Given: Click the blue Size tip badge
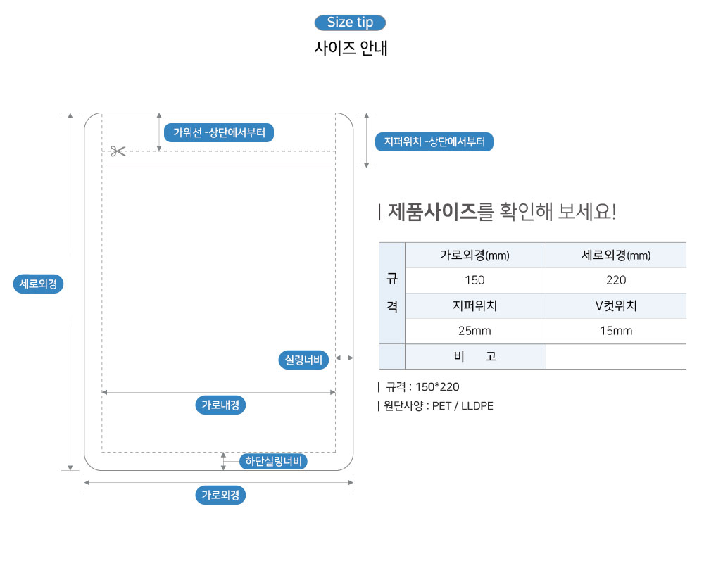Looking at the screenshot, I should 350,23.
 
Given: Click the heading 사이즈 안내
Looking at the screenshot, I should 350,49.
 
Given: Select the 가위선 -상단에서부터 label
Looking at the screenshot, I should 219,132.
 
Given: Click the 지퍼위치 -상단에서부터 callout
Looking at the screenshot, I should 434,142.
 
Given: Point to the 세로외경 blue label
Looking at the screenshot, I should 39,284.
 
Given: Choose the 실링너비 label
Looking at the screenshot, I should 303,360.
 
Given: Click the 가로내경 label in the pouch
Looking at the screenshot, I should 220,405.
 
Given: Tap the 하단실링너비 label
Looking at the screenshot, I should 273,462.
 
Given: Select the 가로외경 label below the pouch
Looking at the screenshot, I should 220,495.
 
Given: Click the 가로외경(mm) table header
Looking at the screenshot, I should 474,256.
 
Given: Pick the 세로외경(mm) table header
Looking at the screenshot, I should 615,256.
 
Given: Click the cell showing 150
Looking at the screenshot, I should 474,280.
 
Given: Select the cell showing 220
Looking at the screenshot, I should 615,280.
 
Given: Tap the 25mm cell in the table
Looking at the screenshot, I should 474,331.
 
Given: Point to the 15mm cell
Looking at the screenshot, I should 615,331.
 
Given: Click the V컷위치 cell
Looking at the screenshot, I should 615,306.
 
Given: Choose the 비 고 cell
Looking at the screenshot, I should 475,357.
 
